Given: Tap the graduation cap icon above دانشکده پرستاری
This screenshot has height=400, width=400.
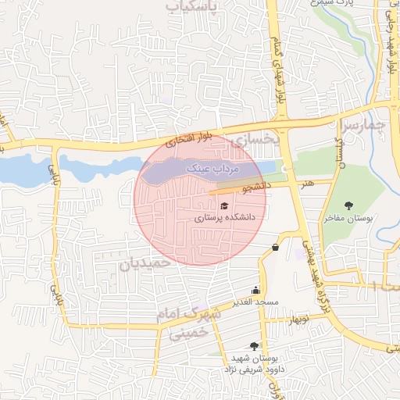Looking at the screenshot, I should (224, 205).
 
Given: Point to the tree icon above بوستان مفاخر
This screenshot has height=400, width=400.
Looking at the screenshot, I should (348, 205).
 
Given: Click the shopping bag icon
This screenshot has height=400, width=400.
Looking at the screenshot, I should (274, 248).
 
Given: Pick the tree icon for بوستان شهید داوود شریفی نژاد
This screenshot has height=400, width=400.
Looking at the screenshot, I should (254, 345).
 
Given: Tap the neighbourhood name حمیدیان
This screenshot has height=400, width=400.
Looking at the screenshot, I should (145, 264).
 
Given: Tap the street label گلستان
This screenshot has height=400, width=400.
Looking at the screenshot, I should (340, 145).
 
